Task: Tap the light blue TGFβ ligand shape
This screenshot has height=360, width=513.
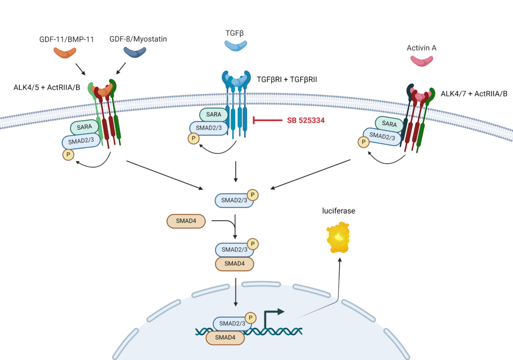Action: click(x=235, y=45)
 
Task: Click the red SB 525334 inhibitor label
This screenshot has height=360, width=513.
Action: click(x=304, y=120)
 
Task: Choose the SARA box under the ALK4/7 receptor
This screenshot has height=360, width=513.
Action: click(x=389, y=123)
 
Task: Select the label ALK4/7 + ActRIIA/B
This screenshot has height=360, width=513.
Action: click(x=473, y=94)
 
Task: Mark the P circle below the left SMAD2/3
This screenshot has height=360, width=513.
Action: click(x=68, y=155)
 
